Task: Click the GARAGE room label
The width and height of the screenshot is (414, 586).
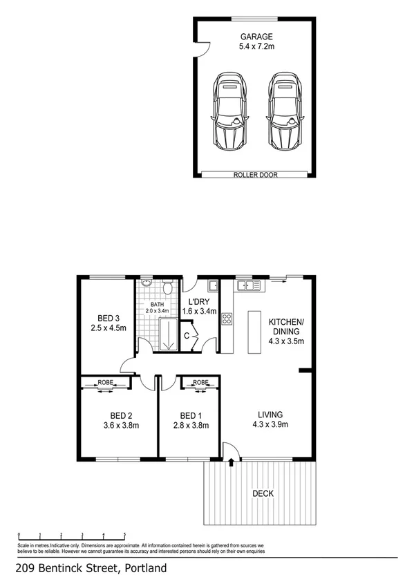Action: point(257,37)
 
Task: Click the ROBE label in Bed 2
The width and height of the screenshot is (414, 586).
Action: point(105,381)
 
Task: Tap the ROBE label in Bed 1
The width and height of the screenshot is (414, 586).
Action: point(200,381)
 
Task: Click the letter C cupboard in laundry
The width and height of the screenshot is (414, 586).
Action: point(187,336)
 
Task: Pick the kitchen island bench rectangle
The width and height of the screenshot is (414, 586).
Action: point(254,332)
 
